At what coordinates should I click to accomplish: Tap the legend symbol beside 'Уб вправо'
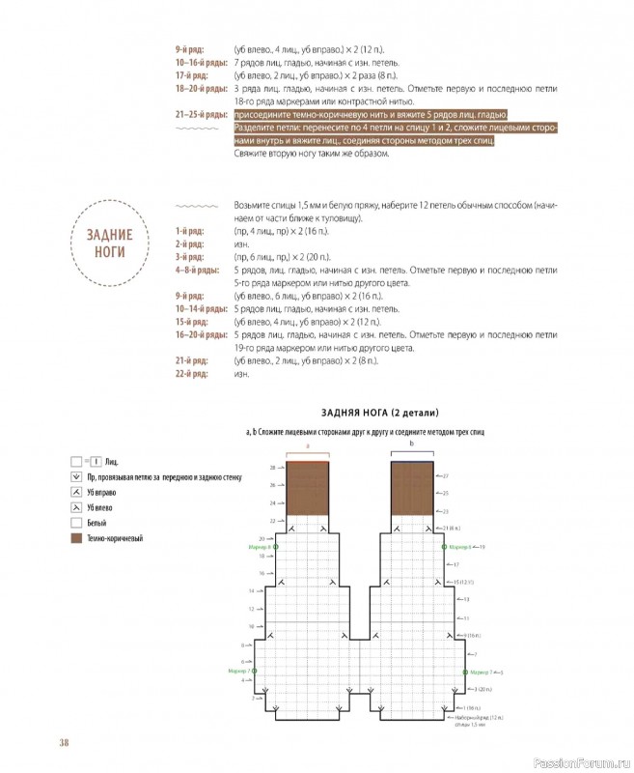coord(76,492)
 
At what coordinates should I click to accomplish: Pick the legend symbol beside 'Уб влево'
coord(76,506)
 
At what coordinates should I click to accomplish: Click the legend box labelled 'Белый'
coord(76,521)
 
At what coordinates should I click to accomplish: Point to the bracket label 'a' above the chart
coord(307,446)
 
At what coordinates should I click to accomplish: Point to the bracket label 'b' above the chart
coord(413,443)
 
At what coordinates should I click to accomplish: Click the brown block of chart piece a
coord(307,489)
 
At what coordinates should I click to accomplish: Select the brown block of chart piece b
coord(413,489)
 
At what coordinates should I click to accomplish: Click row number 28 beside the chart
coord(247,467)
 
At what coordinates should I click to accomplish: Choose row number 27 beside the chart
coord(447,475)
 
